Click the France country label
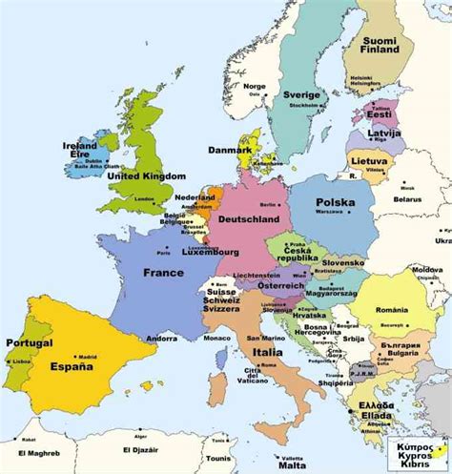tap(163, 272)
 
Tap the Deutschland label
tap(250, 218)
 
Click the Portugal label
tap(29, 342)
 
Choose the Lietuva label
tap(369, 163)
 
